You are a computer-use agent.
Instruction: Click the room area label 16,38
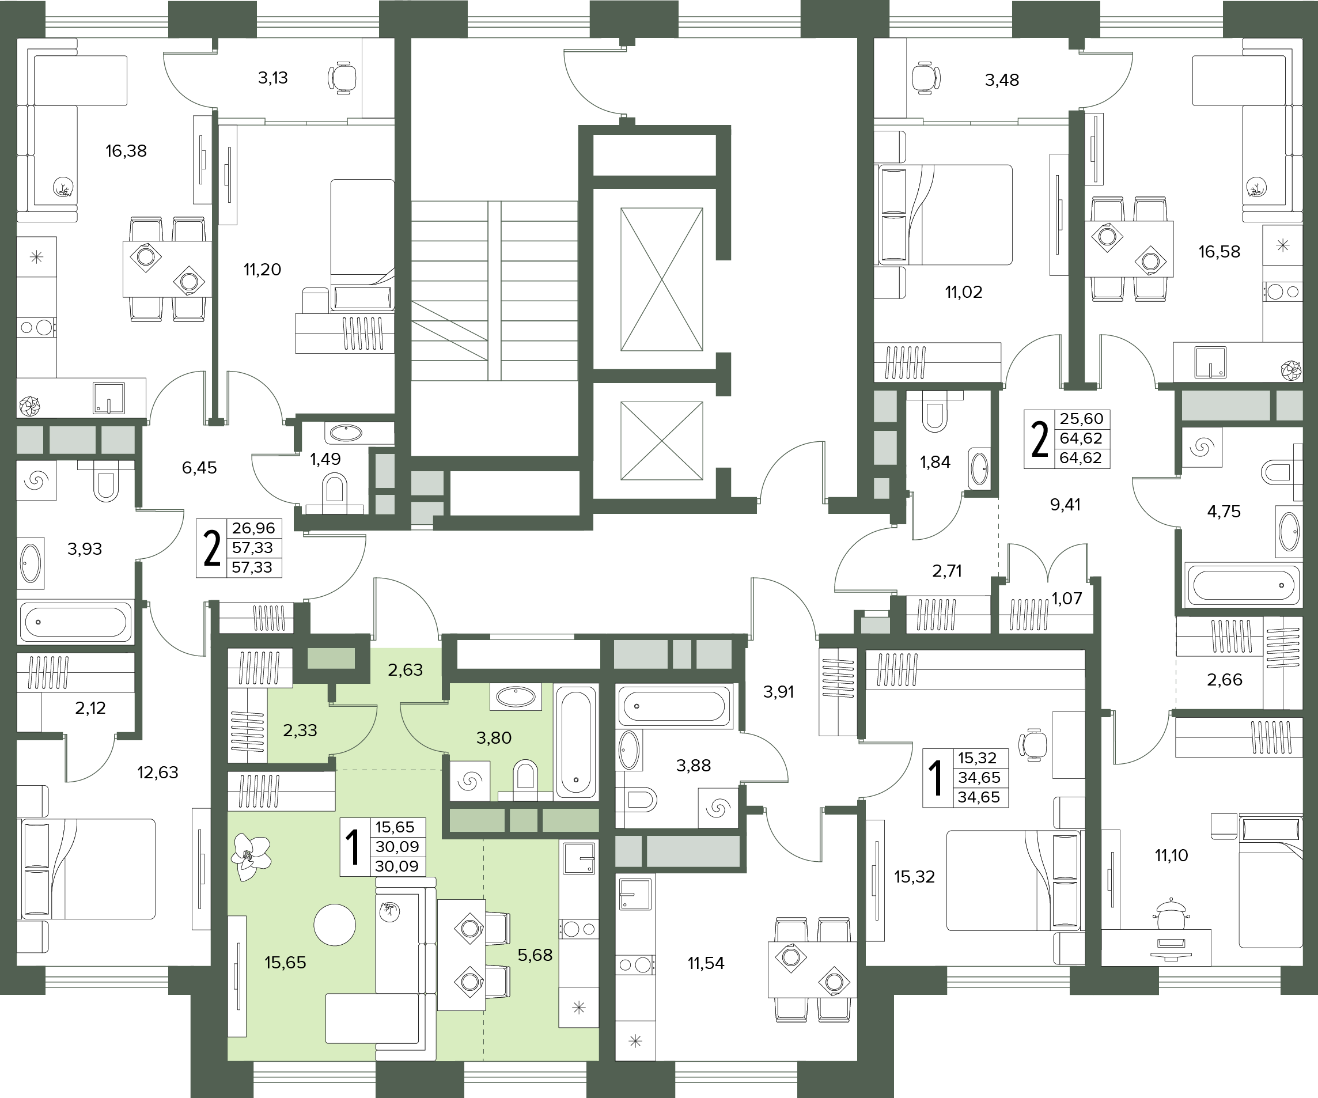click(126, 151)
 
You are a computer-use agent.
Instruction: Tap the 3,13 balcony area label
click(273, 78)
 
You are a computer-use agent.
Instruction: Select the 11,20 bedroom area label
click(262, 270)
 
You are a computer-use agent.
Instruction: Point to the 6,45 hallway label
click(199, 467)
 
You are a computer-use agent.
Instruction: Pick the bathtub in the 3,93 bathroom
click(76, 622)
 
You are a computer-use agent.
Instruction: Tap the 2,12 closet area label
click(90, 707)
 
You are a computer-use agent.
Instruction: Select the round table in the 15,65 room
click(335, 925)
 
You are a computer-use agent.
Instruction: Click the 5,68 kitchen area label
click(535, 955)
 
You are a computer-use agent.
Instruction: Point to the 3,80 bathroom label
click(494, 737)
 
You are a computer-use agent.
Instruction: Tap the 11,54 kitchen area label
click(706, 963)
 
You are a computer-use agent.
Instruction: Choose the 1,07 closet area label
click(1067, 599)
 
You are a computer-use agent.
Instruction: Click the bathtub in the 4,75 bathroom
click(1242, 585)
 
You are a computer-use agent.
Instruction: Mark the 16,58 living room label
click(1219, 252)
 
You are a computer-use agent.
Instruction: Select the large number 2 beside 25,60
click(1040, 440)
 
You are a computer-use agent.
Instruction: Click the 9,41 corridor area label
click(1066, 504)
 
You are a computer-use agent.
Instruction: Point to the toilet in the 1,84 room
click(934, 411)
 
